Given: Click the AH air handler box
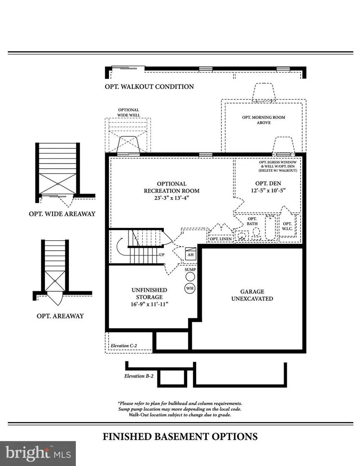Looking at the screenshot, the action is [x=191, y=254].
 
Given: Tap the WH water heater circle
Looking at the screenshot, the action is [x=190, y=288].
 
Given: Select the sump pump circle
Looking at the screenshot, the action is [x=190, y=277].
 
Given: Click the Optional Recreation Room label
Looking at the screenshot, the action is [x=172, y=187].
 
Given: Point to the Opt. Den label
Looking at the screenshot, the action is [x=268, y=183].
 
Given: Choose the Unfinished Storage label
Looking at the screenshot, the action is [x=150, y=293].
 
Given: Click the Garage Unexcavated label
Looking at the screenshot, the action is [x=252, y=295].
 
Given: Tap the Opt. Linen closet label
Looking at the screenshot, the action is [x=221, y=239].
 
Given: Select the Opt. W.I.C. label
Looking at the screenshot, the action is [x=287, y=226].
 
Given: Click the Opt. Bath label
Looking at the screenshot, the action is [x=252, y=221].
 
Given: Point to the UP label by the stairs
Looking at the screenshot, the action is [x=162, y=255].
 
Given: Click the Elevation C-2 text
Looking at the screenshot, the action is [x=124, y=346].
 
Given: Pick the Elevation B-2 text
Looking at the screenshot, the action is [x=139, y=376].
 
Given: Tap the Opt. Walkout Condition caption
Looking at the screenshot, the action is [x=149, y=86].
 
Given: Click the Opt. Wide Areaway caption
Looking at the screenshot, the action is [x=62, y=214].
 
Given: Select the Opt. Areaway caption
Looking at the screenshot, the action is [x=60, y=316].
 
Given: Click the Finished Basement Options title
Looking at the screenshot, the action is [x=180, y=437].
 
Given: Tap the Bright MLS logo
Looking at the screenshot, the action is [x=38, y=453].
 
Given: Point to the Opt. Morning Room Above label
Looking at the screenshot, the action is [x=263, y=120].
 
